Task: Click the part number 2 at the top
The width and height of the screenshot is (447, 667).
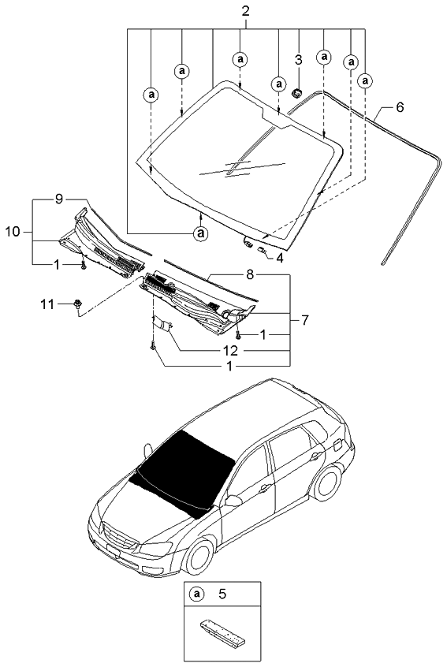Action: tap(245, 11)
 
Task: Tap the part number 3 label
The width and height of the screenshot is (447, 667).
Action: tap(298, 59)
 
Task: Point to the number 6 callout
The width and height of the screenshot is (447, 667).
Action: tap(400, 106)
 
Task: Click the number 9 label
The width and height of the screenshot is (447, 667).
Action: tap(58, 199)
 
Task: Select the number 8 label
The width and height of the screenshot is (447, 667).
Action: tap(249, 276)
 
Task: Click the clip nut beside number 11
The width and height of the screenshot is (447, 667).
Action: tap(78, 304)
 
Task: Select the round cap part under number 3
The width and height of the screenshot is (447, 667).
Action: tap(298, 93)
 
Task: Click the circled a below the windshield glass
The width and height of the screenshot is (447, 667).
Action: tap(201, 233)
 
